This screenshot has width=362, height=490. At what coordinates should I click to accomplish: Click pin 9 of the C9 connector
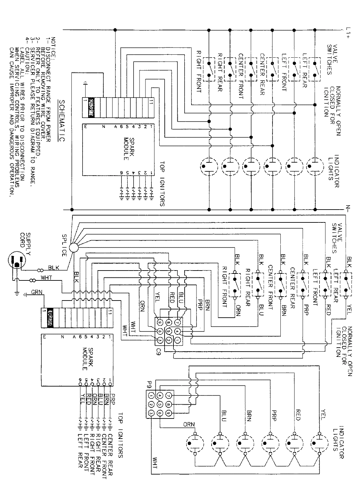coord(160,322)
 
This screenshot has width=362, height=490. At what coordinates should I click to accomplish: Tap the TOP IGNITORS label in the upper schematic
coord(162,184)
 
